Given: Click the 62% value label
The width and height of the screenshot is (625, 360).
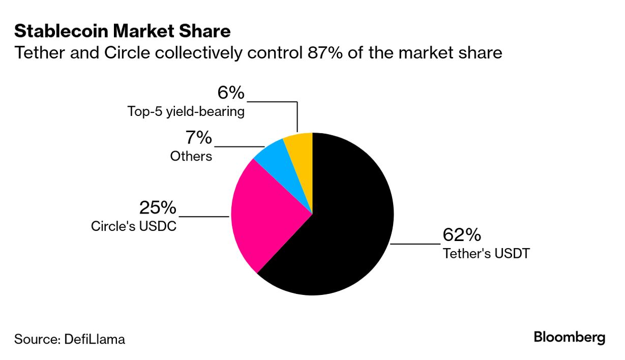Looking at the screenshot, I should (461, 235).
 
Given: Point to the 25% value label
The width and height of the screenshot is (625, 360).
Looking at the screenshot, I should (158, 207).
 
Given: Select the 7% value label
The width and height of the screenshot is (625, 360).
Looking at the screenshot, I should (198, 138).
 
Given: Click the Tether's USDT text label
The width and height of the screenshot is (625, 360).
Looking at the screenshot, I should (486, 253).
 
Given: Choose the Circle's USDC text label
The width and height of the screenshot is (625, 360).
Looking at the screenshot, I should (134, 226).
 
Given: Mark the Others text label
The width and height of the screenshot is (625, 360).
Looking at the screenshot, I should (191, 156).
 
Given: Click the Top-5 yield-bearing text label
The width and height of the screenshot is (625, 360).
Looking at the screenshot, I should (186, 111).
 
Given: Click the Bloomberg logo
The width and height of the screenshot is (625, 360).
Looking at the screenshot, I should (569, 337).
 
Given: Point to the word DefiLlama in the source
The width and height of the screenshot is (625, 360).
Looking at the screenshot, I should (94, 339).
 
